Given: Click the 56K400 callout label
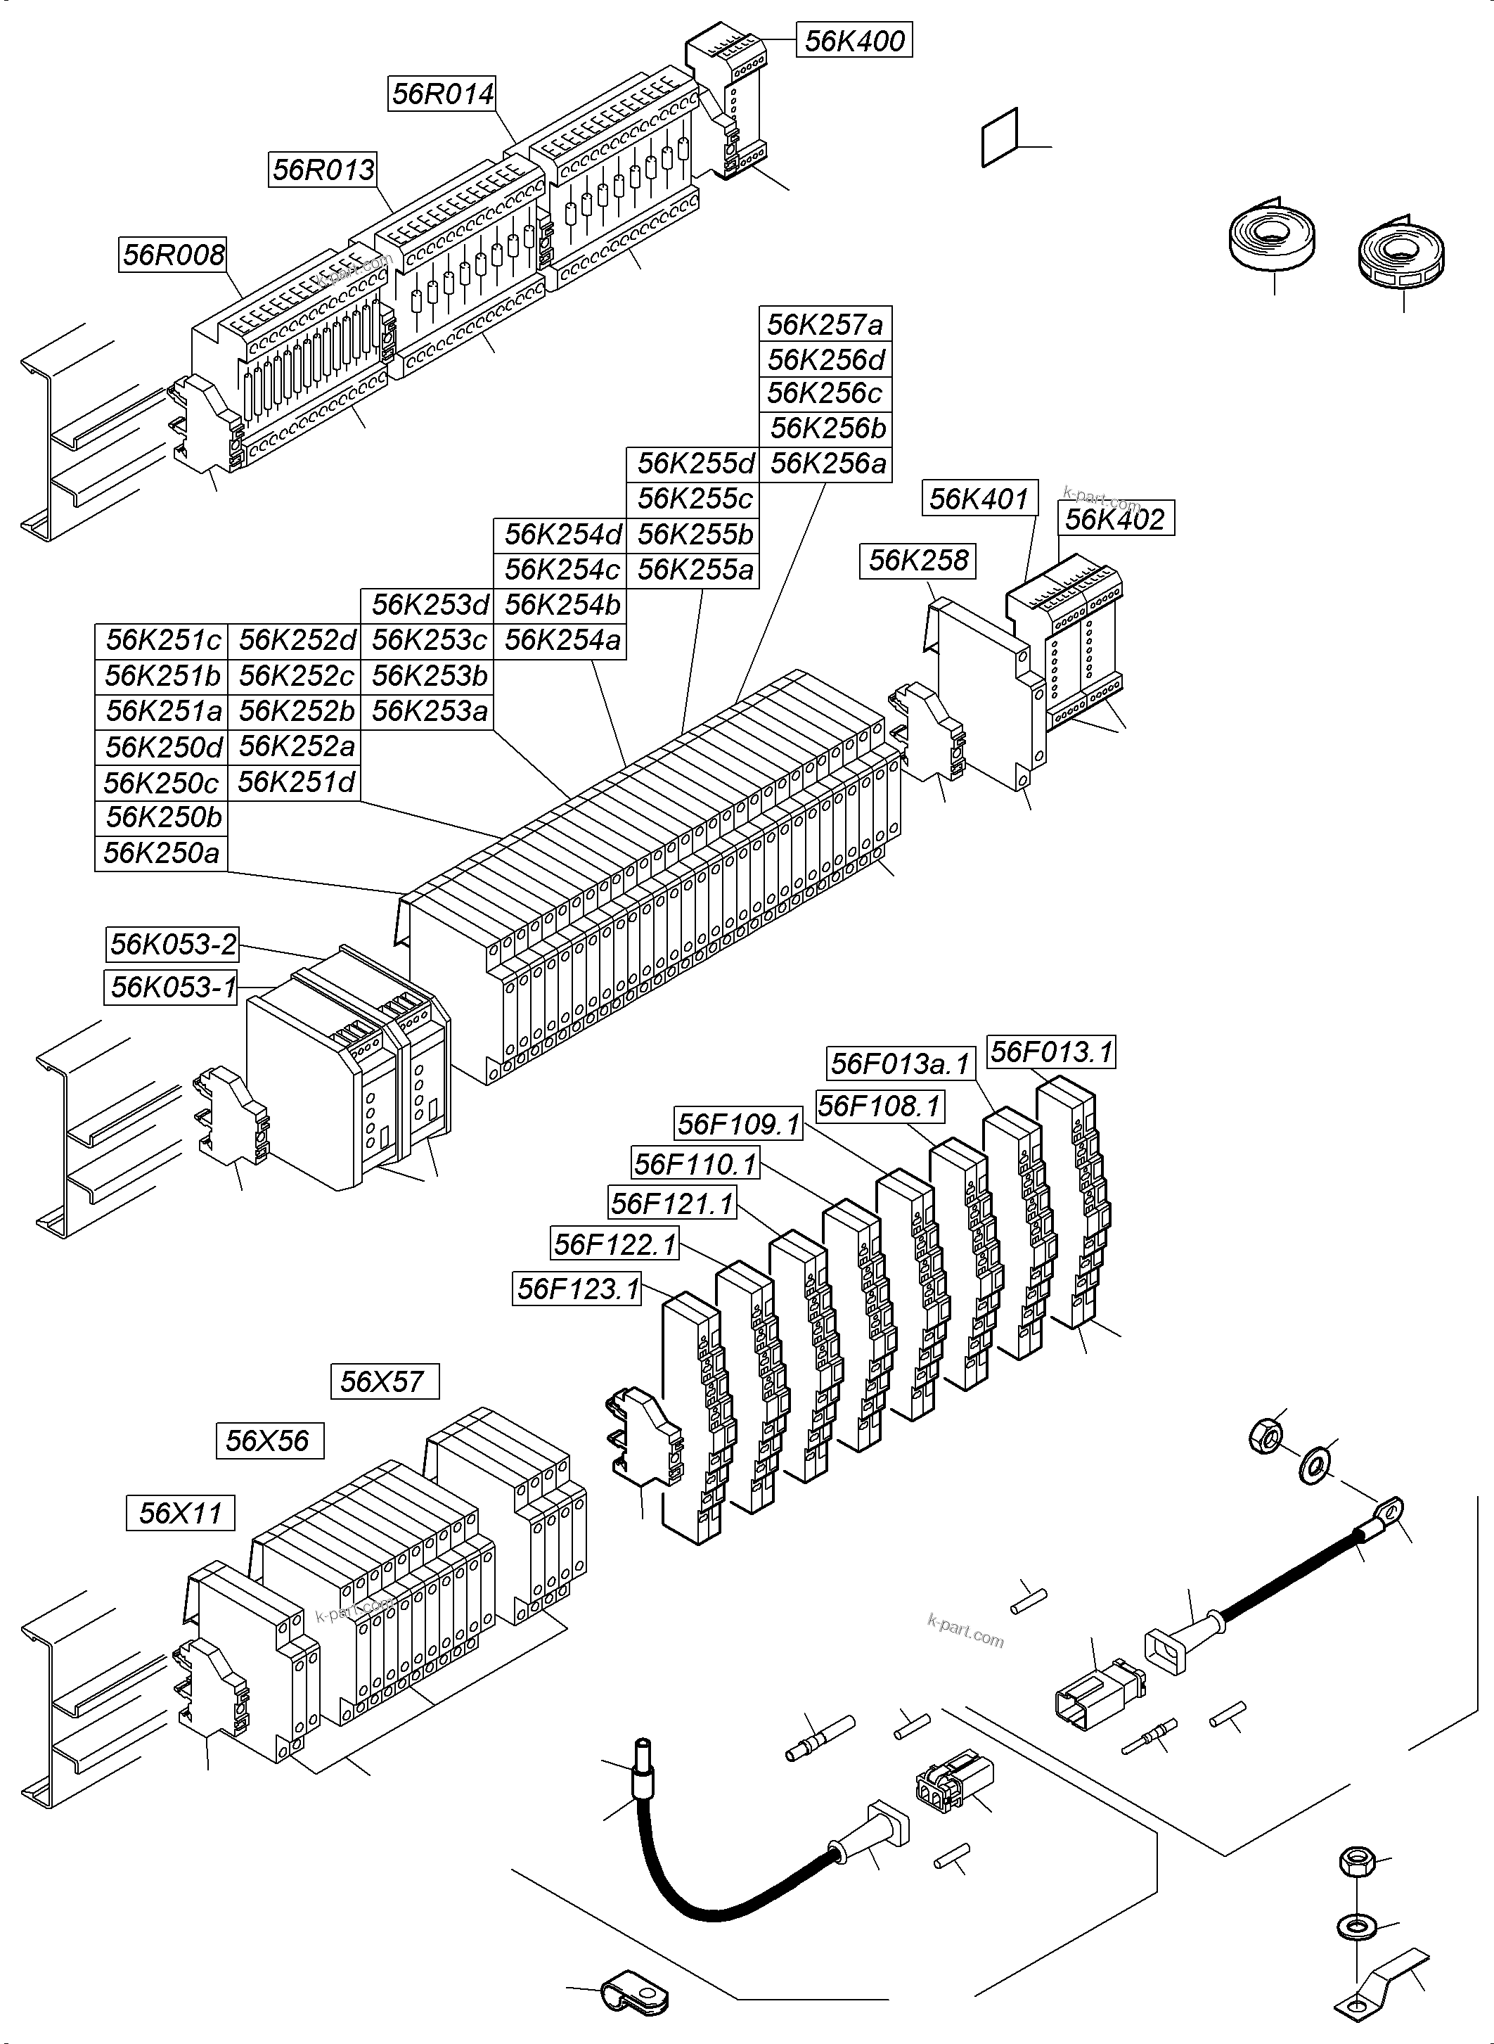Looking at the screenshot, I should click(854, 41).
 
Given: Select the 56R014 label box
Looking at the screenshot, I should click(443, 94).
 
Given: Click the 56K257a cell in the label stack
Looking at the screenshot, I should click(825, 324).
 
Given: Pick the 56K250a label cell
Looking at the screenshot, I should click(161, 853).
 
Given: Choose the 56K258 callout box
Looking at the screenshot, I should click(918, 560).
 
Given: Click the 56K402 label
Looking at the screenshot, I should click(1115, 518).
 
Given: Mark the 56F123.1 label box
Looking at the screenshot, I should click(577, 1288).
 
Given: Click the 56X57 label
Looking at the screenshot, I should click(383, 1381).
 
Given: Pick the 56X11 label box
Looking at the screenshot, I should click(180, 1513).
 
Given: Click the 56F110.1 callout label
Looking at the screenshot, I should click(695, 1163).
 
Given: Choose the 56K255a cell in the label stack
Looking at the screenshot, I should click(695, 570).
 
